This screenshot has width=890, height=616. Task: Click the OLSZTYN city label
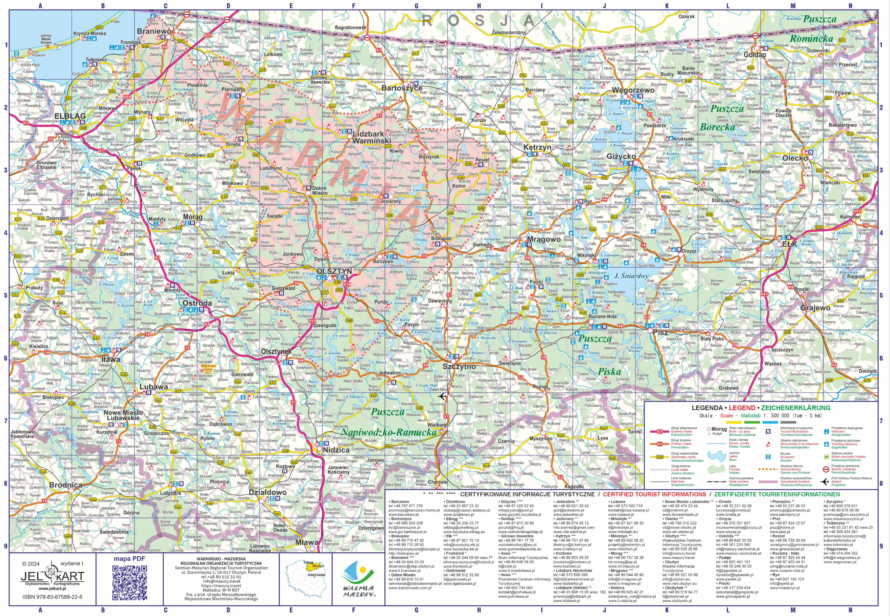pyautogui.click(x=334, y=271)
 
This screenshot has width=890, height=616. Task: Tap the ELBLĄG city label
pyautogui.click(x=70, y=115)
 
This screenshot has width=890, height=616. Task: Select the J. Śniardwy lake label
pyautogui.click(x=631, y=276)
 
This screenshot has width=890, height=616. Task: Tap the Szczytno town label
pyautogui.click(x=459, y=366)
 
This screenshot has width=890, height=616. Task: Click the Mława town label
pyautogui.click(x=307, y=542)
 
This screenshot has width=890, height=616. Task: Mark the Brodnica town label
pyautogui.click(x=66, y=485)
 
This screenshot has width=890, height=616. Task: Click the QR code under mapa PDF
pyautogui.click(x=130, y=581)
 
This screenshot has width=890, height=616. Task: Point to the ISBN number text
pyautogui.click(x=52, y=597)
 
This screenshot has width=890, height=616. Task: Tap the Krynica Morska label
pyautogui.click(x=89, y=33)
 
